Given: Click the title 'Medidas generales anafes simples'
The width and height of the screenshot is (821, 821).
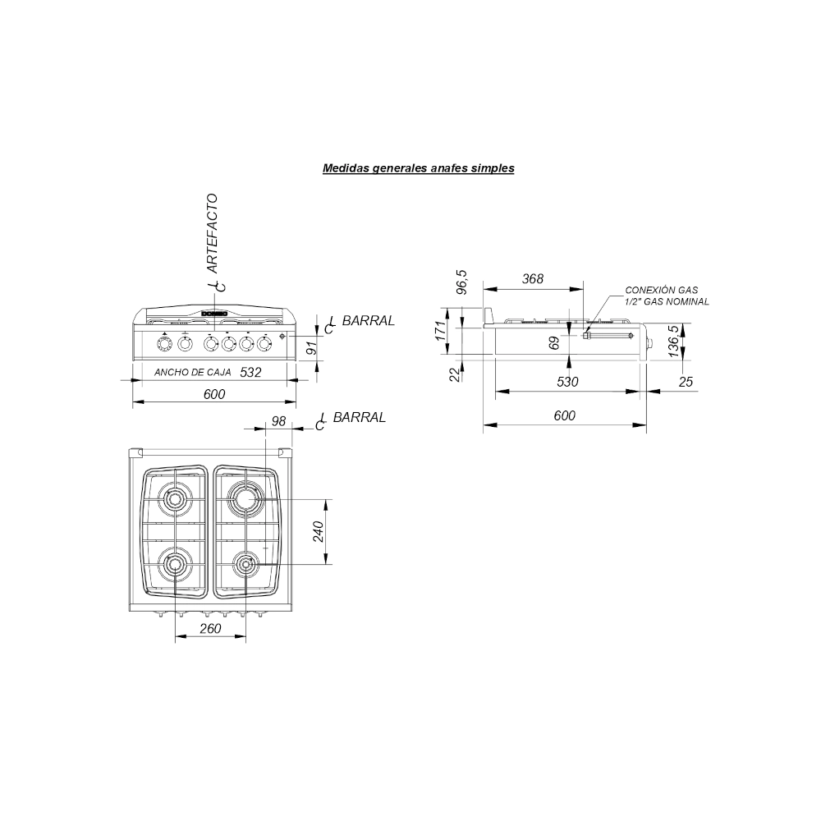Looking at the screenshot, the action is click(x=419, y=168).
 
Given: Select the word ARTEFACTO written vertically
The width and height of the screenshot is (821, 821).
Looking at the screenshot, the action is click(x=212, y=233).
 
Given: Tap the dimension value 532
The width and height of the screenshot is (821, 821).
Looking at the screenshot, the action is click(x=250, y=372).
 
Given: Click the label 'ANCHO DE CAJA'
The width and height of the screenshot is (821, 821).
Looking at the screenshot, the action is click(x=193, y=372).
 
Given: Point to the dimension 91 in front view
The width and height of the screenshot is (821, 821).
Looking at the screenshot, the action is click(x=311, y=347).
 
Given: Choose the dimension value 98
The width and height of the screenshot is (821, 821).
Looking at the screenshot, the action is click(x=278, y=421).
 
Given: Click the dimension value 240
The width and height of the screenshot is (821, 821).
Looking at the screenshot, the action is click(x=319, y=531).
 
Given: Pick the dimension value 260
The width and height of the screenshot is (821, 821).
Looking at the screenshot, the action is click(x=210, y=628).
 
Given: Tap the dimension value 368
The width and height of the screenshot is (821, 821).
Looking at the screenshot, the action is click(x=533, y=278).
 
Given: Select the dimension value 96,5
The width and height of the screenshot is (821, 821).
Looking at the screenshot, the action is click(x=461, y=282).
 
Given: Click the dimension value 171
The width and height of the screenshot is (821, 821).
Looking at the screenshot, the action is click(x=441, y=331).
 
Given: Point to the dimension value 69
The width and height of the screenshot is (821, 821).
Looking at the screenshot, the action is click(x=554, y=343).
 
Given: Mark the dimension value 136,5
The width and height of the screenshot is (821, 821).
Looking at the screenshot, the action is click(x=674, y=342).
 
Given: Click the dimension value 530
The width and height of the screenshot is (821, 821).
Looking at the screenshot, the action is click(x=567, y=381).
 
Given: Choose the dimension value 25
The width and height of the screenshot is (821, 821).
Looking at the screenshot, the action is click(x=686, y=382).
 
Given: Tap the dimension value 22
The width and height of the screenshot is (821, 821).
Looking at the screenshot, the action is click(x=455, y=374).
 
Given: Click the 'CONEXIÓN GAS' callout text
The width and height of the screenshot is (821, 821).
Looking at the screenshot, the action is click(x=661, y=290).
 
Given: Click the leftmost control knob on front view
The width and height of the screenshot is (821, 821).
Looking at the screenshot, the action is click(x=164, y=345).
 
